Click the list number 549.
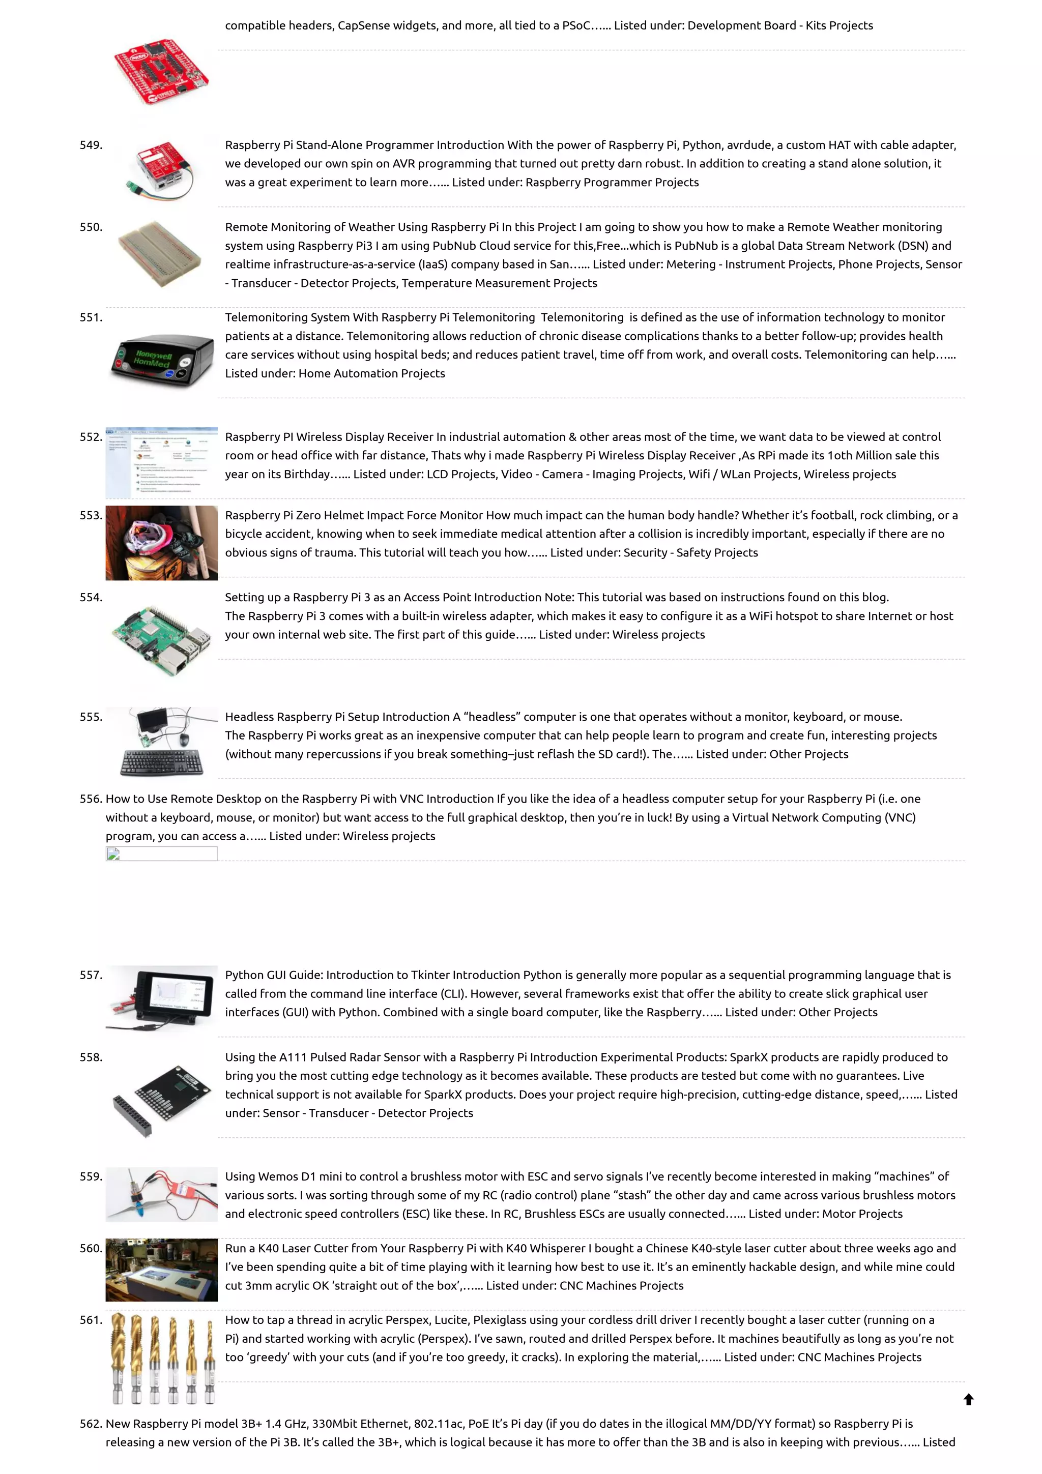coord(91,145)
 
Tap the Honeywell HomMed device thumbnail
coord(162,360)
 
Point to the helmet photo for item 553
coord(161,543)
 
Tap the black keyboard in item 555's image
coord(162,762)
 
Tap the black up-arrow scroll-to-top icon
coord(969,1400)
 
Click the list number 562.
coord(91,1424)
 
